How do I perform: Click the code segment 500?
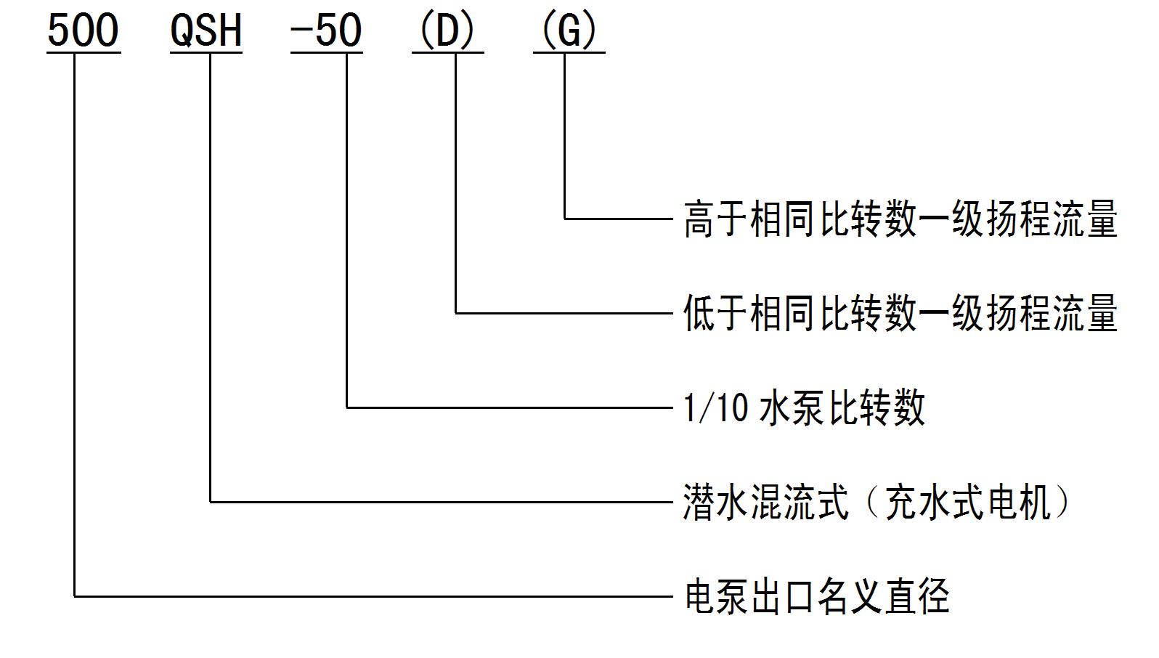coord(83,31)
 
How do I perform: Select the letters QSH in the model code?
coord(206,31)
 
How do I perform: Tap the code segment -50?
coord(326,31)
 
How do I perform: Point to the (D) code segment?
coord(447,31)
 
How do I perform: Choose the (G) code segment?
coord(569,31)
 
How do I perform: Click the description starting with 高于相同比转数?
coord(900,219)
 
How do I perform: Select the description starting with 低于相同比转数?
coord(900,313)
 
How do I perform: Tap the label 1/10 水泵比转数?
coord(804,407)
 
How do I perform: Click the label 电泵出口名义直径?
coord(817,596)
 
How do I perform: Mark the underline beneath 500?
coord(84,52)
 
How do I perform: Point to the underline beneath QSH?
coord(206,52)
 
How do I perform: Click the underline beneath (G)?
coord(569,52)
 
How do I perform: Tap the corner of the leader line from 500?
coord(75,596)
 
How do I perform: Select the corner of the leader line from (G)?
coord(565,218)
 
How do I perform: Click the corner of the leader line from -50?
coord(347,407)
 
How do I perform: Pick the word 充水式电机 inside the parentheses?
coord(967,502)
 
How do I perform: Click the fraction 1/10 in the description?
coord(715,407)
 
